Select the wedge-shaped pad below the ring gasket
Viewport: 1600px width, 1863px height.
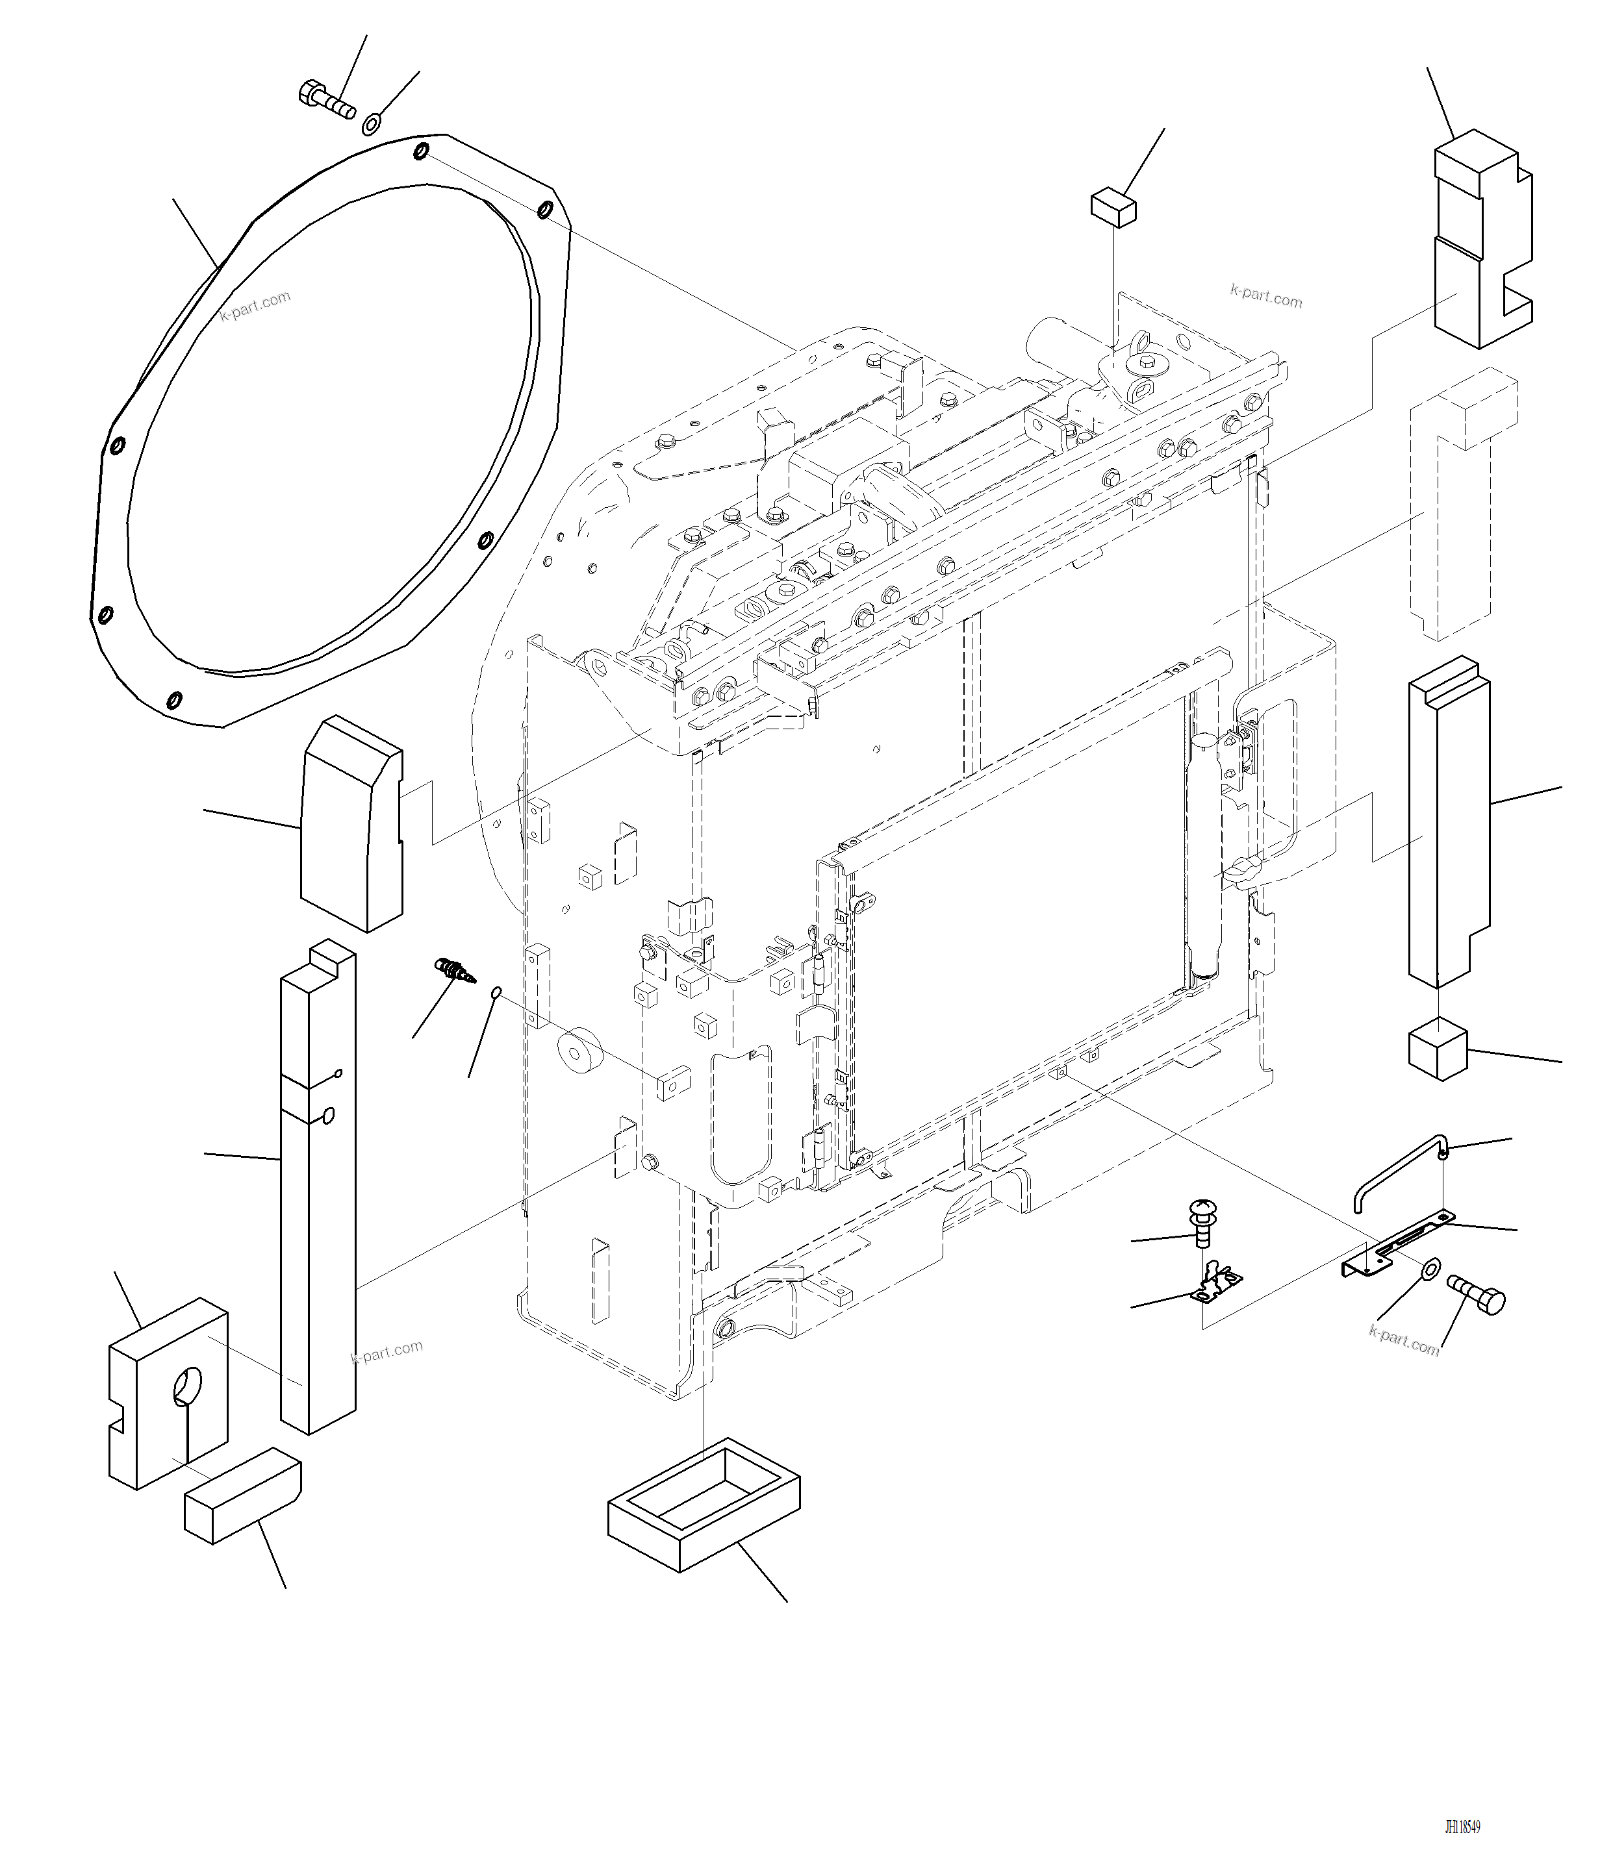click(x=351, y=823)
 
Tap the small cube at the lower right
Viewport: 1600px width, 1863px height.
click(x=1436, y=1049)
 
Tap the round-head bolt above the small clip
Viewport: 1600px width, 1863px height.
click(x=1202, y=1223)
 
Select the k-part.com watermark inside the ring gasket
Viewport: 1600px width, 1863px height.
click(x=255, y=306)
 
